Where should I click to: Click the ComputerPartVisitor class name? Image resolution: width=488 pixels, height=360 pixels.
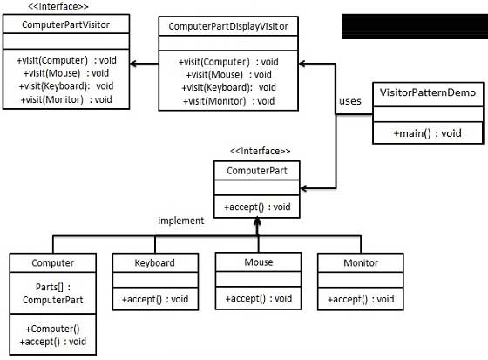pos(65,24)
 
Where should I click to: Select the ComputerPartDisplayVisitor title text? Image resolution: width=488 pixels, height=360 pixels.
pos(228,26)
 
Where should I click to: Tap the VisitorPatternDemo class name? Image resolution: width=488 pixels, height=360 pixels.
pos(428,92)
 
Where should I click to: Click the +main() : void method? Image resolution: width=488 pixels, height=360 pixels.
pos(427,133)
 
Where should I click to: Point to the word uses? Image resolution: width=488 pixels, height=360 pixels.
pos(350,101)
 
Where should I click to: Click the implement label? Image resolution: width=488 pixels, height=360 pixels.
pos(181,221)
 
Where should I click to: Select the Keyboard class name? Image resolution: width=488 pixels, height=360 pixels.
pos(155,263)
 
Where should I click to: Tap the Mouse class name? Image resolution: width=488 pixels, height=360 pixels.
pos(259,262)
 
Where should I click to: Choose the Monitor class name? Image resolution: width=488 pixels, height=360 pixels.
pos(361,263)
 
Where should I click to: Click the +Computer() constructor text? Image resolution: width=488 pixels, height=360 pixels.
pos(52,329)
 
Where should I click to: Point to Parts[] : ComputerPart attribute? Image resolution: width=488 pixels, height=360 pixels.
pos(53,294)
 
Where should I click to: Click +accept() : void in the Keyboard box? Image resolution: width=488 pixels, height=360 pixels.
pos(155,299)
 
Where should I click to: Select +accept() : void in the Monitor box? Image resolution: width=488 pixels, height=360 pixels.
pos(361,299)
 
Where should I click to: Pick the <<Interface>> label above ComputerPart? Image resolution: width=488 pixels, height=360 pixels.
pos(261,151)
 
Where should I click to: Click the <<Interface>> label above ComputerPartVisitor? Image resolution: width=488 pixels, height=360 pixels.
pos(58,7)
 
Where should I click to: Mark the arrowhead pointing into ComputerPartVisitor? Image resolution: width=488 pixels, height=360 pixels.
pos(133,64)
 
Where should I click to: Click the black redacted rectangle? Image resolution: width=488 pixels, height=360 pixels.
pos(415,26)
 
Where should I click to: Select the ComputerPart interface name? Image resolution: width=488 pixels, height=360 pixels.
pos(257,171)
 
